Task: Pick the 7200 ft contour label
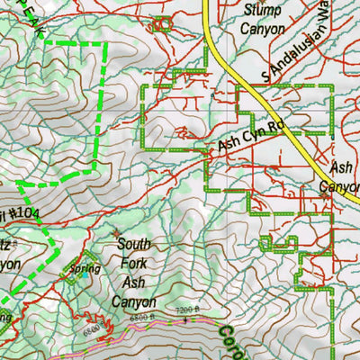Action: (x=184, y=310)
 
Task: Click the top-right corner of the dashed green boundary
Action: (x=103, y=43)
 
